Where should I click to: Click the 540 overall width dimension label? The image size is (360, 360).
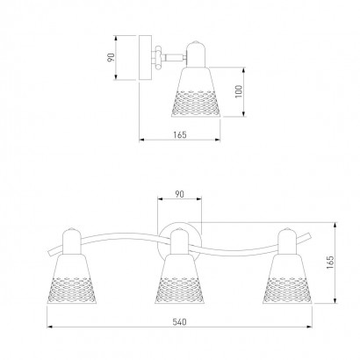click(179, 322)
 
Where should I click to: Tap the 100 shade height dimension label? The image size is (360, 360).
click(239, 91)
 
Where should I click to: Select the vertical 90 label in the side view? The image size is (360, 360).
click(111, 57)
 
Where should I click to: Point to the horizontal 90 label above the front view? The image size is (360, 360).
click(179, 194)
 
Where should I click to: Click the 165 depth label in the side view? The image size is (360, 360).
click(180, 134)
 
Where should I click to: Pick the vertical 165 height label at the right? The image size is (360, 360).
click(330, 263)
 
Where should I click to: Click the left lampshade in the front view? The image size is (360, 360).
click(71, 279)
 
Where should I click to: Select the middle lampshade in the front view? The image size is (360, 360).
click(179, 279)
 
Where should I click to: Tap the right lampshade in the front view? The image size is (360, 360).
click(287, 279)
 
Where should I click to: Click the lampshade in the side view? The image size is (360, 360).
click(196, 92)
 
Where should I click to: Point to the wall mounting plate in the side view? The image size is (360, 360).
click(145, 58)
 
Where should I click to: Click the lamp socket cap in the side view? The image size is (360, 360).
click(196, 54)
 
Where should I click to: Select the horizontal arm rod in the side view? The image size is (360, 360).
click(175, 58)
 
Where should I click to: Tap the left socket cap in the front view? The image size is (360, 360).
click(71, 241)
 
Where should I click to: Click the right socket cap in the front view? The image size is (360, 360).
click(287, 241)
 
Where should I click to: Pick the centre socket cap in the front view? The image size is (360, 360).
click(179, 241)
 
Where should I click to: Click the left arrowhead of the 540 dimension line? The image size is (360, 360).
click(50, 327)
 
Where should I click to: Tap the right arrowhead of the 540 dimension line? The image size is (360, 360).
click(309, 327)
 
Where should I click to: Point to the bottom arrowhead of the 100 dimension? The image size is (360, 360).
click(243, 113)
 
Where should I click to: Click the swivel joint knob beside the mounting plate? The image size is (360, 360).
click(158, 58)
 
